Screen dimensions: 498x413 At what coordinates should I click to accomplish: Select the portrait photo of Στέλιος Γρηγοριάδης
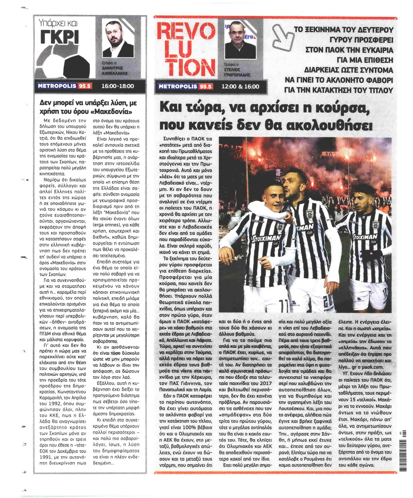coord(240,40)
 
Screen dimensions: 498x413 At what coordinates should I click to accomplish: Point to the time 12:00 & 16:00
coord(240,86)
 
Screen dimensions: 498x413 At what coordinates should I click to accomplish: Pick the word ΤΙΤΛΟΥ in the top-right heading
coord(379,90)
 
